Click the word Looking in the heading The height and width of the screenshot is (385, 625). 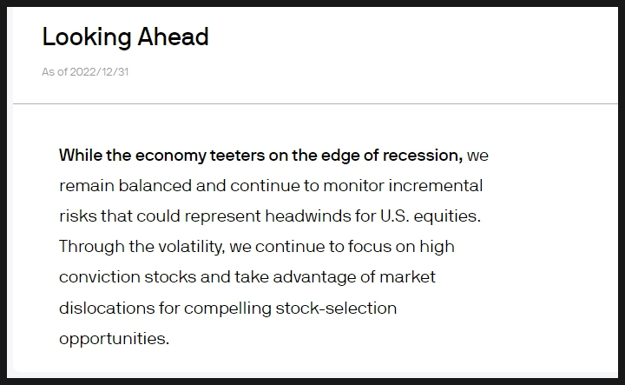pos(87,37)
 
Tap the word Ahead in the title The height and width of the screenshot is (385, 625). pos(173,37)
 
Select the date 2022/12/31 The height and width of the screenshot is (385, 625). pos(99,72)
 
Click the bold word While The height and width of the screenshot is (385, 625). pos(81,156)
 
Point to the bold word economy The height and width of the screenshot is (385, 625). pos(171,156)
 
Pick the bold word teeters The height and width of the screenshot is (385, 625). pos(237,156)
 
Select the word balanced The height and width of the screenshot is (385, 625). pos(155,185)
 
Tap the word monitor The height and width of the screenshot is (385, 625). pos(353,185)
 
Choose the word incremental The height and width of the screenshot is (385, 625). pos(435,185)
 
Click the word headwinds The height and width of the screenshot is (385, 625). pos(308,216)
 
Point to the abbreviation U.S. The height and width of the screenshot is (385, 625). pos(395,216)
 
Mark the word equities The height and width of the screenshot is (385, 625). pos(447,216)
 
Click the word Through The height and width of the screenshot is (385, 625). pos(92,247)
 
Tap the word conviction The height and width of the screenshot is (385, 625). pos(100,276)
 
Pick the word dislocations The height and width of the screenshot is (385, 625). pos(107,308)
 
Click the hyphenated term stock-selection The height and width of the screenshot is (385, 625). pos(336,308)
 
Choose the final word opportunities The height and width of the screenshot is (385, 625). pos(115,339)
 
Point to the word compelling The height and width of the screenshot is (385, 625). pos(227,309)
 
